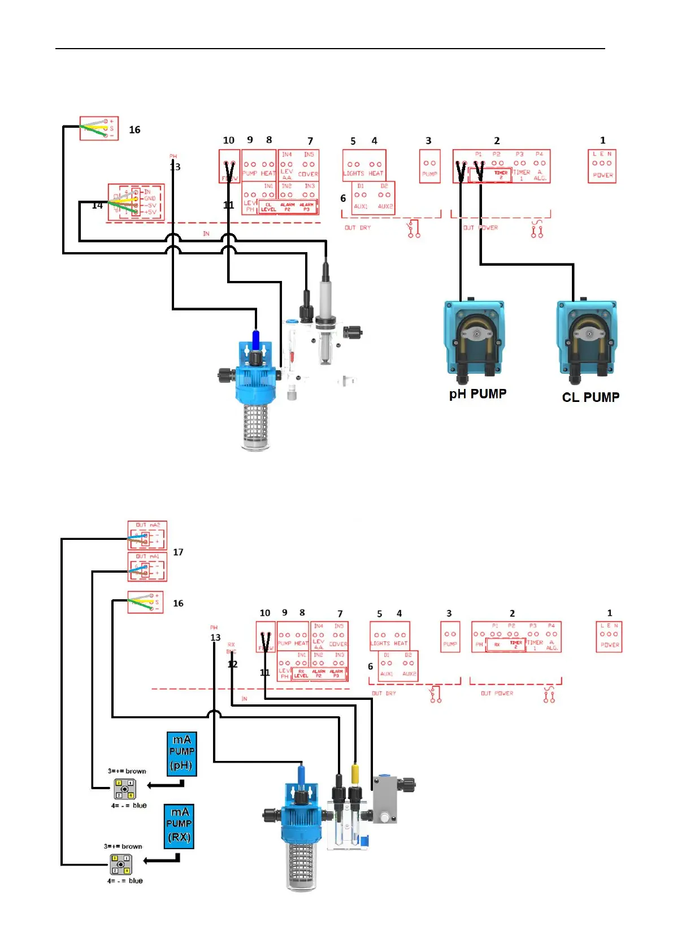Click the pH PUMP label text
point(477,394)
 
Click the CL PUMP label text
point(590,397)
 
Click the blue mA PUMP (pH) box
point(182,753)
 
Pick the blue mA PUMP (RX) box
point(179,825)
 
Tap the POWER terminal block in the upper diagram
point(602,166)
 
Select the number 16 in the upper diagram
point(134,130)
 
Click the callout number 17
point(178,552)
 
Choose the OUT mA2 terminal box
point(147,535)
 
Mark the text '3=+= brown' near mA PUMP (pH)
point(127,771)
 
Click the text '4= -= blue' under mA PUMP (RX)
point(125,881)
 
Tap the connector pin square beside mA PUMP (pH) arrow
point(124,789)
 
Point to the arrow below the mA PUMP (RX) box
point(162,860)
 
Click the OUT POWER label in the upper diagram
point(481,228)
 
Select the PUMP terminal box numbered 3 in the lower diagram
point(450,637)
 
